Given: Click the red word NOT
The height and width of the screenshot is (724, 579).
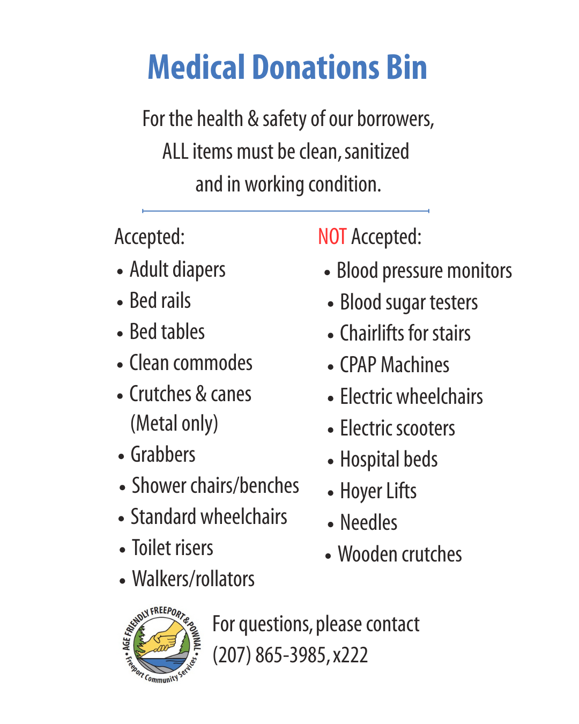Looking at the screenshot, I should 332,237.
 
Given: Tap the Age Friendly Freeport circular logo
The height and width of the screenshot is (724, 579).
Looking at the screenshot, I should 161,645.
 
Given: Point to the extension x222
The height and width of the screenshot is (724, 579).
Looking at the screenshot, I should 350,655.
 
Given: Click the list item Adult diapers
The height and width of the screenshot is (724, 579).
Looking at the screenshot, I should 177,270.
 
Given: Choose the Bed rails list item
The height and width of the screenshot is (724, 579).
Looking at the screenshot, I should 160,301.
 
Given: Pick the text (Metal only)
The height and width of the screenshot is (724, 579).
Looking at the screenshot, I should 174,424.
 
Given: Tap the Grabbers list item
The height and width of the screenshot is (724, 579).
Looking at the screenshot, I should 163,455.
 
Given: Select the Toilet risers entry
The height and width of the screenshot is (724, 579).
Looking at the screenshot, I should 172,548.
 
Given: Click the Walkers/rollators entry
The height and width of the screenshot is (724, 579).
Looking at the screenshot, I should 193,579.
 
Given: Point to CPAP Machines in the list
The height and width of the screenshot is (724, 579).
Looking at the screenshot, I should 395,365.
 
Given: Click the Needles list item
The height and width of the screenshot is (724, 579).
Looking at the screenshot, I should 369,523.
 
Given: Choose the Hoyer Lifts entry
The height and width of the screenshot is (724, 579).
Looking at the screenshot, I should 378,491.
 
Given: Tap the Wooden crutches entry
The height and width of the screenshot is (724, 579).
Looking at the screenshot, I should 399,555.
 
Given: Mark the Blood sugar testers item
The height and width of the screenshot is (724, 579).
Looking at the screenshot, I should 409,302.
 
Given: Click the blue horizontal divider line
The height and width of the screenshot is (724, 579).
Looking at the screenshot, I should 286,211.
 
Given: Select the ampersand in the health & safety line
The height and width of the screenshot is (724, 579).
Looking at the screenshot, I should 253,119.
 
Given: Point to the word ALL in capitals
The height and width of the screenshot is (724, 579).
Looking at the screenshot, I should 175,152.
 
